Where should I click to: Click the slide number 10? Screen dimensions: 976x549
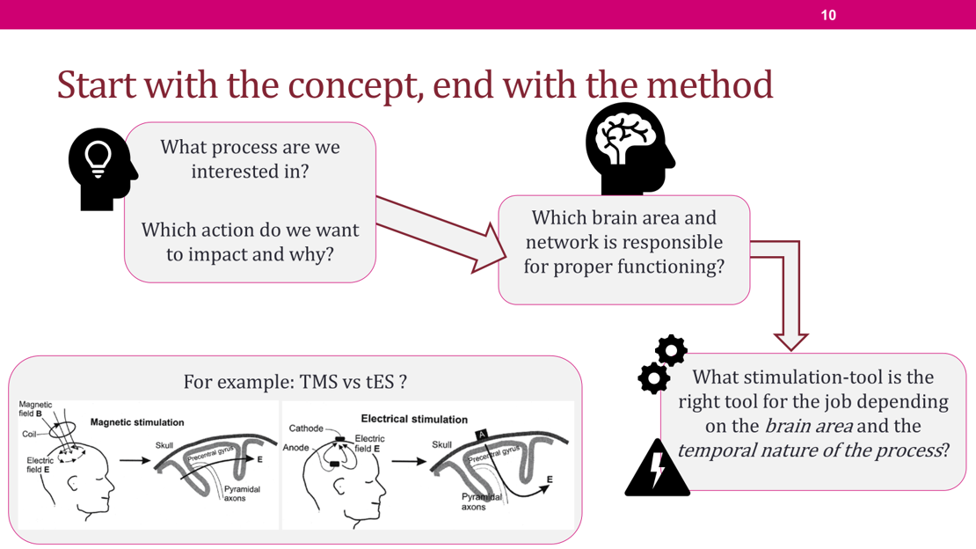point(828,15)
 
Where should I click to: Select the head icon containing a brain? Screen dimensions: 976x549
point(630,149)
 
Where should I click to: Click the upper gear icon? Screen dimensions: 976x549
point(671,351)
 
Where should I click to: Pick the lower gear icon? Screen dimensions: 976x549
point(653,377)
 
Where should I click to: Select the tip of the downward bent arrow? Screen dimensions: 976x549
point(790,349)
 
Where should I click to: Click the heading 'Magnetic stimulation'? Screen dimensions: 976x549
point(137,422)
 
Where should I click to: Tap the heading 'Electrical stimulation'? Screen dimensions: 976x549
point(414,420)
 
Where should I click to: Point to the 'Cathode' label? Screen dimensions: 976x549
point(306,428)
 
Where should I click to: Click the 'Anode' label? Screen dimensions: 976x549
point(295,448)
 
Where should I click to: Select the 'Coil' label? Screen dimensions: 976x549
point(29,435)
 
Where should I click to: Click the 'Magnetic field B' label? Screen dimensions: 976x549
point(35,409)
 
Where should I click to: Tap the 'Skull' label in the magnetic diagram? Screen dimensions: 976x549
point(164,445)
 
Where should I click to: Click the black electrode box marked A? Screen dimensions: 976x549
point(482,435)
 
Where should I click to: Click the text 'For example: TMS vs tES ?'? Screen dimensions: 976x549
point(295,381)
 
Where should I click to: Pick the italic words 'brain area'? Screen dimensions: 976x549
point(809,426)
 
